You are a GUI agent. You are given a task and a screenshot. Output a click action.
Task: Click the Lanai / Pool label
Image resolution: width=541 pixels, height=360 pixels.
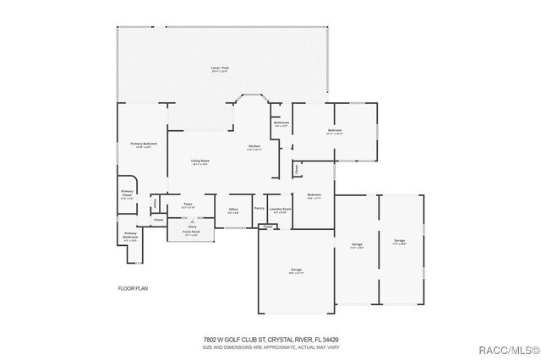click(x=220, y=68)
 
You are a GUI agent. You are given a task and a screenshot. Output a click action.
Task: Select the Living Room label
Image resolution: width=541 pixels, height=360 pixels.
click(x=199, y=161)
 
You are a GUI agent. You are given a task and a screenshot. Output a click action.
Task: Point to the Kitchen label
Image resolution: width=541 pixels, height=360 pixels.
click(x=254, y=146)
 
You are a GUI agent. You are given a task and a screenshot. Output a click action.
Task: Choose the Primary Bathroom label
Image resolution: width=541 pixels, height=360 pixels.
click(x=130, y=234)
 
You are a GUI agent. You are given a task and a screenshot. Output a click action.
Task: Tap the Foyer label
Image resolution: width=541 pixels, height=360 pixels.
click(x=188, y=204)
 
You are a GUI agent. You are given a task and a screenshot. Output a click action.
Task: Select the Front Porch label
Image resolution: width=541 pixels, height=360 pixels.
click(x=192, y=232)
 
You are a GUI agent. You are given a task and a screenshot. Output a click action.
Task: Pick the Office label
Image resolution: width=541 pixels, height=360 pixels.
click(x=232, y=209)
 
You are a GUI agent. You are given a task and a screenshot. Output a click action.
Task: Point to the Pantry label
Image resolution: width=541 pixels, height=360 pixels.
click(x=260, y=208)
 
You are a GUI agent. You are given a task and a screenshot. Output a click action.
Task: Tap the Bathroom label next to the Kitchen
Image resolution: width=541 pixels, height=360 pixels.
click(x=281, y=123)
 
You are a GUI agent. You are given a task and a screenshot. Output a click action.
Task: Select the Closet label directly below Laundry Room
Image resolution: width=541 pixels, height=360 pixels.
click(x=267, y=226)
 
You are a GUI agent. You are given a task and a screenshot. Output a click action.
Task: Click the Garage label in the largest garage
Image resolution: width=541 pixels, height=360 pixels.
click(x=296, y=269)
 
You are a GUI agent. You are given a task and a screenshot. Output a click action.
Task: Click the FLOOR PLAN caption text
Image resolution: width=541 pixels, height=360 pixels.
click(x=133, y=289)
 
